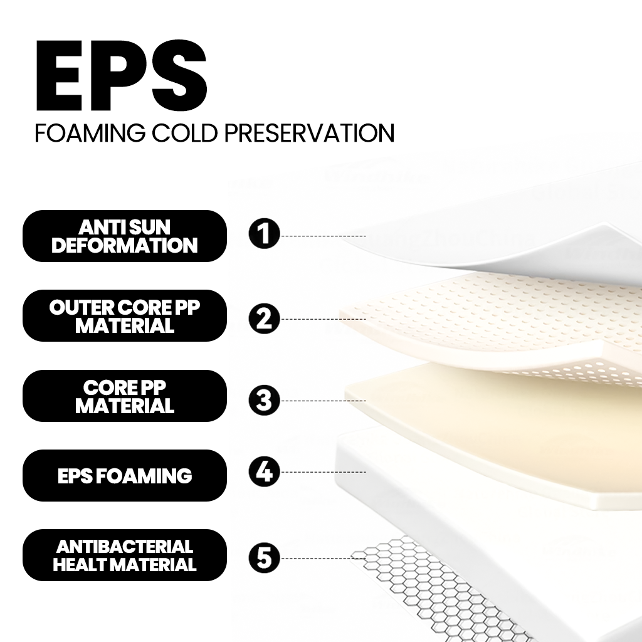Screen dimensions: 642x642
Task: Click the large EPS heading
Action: [x=122, y=75]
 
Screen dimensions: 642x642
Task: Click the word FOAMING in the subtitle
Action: [x=90, y=133]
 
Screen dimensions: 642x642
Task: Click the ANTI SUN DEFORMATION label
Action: [x=125, y=236]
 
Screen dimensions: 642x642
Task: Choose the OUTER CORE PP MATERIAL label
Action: [x=125, y=316]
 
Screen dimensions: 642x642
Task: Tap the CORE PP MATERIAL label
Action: [x=125, y=396]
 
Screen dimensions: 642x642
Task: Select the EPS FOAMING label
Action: [x=125, y=475]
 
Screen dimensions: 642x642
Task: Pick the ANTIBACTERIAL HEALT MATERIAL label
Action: [x=125, y=555]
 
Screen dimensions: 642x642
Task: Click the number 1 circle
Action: [x=265, y=234]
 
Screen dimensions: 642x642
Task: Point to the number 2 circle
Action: [x=265, y=318]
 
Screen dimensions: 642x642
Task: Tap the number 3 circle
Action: [x=265, y=400]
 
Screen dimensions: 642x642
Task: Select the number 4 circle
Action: [x=265, y=471]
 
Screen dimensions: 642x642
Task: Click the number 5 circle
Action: [x=265, y=558]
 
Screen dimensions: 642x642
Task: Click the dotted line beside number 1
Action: [x=323, y=236]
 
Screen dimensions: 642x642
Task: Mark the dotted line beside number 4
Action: [x=323, y=472]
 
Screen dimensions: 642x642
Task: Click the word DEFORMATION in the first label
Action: [x=125, y=245]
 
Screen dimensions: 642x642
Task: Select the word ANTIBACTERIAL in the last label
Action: [x=125, y=547]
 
